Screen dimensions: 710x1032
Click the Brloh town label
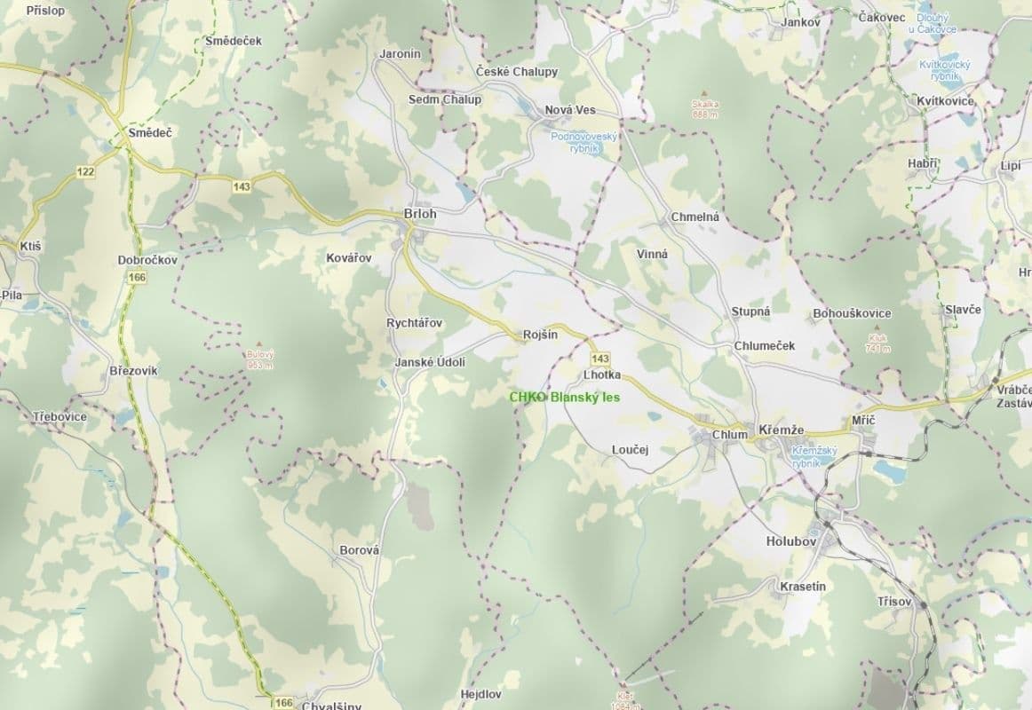click(420, 214)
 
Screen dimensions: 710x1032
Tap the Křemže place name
click(782, 430)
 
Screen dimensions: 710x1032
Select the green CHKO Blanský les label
click(564, 398)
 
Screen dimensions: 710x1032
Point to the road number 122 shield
click(85, 171)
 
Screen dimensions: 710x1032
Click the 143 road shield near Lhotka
click(599, 358)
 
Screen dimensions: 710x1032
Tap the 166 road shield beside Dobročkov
click(136, 278)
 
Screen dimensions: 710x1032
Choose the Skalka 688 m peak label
click(705, 108)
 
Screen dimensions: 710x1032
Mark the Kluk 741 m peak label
click(877, 343)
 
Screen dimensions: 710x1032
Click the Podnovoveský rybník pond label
click(583, 142)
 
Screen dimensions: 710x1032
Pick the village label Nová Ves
click(570, 110)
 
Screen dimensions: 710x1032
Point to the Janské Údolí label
click(430, 362)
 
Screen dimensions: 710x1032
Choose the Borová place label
click(359, 550)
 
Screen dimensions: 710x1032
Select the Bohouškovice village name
click(852, 313)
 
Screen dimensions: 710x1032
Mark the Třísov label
click(894, 601)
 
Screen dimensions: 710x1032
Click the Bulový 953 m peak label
click(259, 359)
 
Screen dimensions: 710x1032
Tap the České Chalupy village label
click(517, 72)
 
